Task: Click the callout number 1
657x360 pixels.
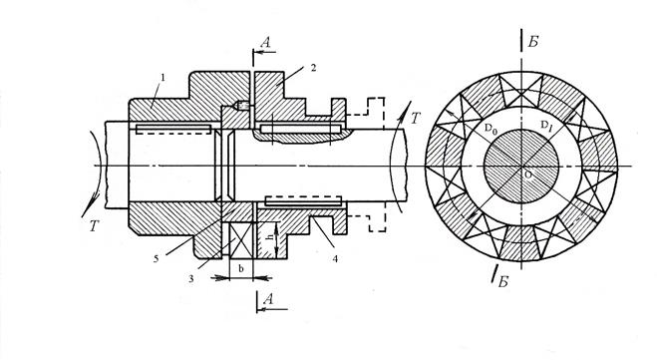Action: click(163, 78)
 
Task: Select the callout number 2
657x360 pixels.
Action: click(313, 68)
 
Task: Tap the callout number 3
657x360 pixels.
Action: click(191, 278)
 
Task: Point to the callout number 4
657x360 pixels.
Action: click(335, 259)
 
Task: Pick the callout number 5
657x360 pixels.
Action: click(156, 259)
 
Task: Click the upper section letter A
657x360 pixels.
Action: click(265, 42)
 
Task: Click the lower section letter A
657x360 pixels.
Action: click(268, 299)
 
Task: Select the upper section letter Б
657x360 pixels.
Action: click(532, 42)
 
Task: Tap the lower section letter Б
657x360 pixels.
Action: click(503, 282)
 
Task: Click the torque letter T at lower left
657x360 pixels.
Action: click(93, 226)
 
